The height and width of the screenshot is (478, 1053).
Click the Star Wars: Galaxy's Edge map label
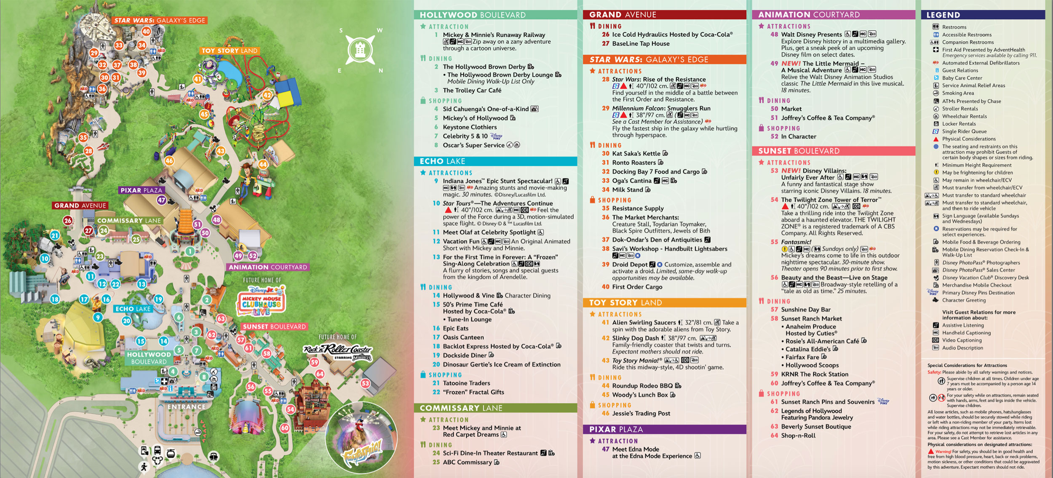160,20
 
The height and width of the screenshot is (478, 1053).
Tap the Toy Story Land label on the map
229,51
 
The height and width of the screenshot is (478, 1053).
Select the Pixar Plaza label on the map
141,190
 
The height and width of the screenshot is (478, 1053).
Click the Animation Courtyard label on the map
268,267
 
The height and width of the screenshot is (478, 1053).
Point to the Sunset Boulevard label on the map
274,326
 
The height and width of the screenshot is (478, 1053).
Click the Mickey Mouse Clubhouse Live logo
261,301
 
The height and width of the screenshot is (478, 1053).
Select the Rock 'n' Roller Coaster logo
338,350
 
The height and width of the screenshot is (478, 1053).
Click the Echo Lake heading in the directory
442,161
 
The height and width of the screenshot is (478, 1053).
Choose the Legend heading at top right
943,15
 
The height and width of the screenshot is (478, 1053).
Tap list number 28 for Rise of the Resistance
606,79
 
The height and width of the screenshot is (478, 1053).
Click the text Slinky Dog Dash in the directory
635,338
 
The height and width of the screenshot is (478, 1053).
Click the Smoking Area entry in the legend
958,93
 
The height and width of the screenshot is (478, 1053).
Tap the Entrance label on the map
186,407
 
